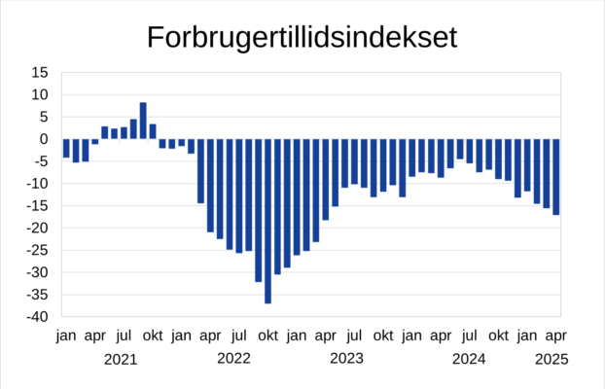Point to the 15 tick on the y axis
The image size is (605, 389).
pyautogui.click(x=40, y=73)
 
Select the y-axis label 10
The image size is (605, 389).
pyautogui.click(x=40, y=95)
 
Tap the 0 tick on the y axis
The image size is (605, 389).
pyautogui.click(x=45, y=139)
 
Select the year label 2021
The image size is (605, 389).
pyautogui.click(x=121, y=359)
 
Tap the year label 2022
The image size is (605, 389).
pyautogui.click(x=233, y=359)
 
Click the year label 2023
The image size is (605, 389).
pyautogui.click(x=347, y=359)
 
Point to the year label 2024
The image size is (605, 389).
pyautogui.click(x=469, y=359)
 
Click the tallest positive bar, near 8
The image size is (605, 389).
pyautogui.click(x=143, y=121)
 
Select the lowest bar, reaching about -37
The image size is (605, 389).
pyautogui.click(x=267, y=221)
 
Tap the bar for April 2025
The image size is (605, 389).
pyautogui.click(x=556, y=176)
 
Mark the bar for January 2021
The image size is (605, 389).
pyautogui.click(x=66, y=148)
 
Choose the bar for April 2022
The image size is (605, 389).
pyautogui.click(x=210, y=185)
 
